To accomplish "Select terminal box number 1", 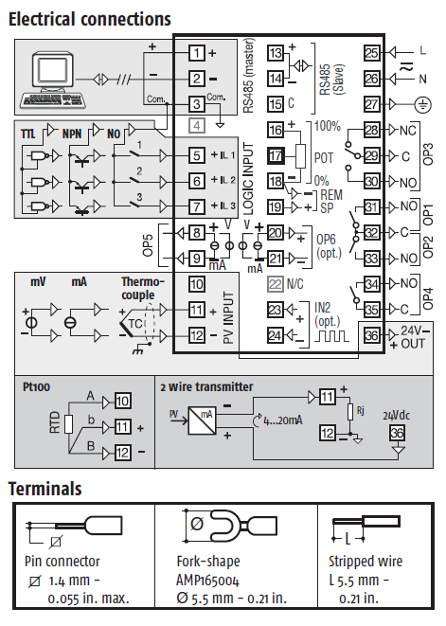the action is (x=196, y=53).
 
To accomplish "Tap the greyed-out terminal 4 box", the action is (x=196, y=126).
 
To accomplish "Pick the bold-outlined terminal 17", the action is (x=276, y=155).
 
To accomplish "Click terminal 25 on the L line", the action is (x=371, y=53).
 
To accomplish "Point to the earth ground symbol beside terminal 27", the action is (x=422, y=104).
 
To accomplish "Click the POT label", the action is (x=324, y=158).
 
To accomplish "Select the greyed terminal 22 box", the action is (x=276, y=284).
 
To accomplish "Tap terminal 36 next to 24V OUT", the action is (x=371, y=335).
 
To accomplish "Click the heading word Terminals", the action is (x=45, y=489).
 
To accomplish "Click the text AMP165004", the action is (x=207, y=580).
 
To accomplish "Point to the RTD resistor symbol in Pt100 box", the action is (x=68, y=424).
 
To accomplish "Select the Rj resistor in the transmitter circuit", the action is (x=350, y=412).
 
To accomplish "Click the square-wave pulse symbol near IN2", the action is (x=331, y=336).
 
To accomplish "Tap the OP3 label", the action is (x=427, y=154).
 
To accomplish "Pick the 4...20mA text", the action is (x=283, y=420).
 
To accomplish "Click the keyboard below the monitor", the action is (x=54, y=100).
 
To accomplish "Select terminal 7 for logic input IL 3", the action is (x=196, y=206).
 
